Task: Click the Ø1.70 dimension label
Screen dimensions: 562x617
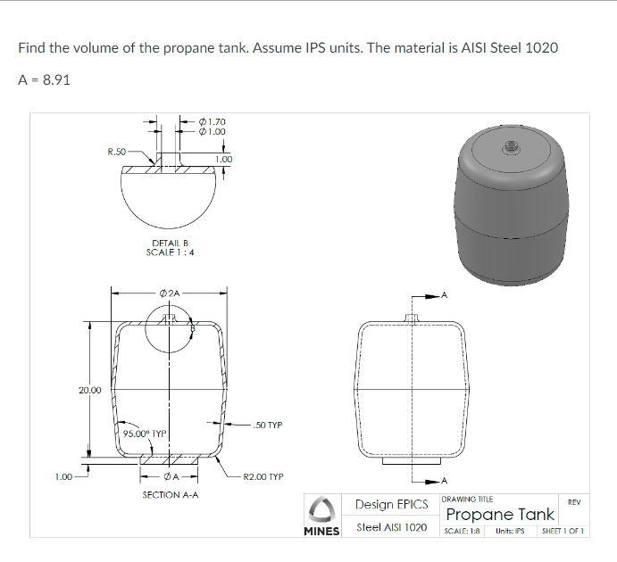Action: click(x=215, y=121)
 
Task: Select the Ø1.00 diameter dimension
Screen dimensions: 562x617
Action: click(x=215, y=131)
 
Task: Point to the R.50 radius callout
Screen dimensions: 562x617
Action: click(x=116, y=152)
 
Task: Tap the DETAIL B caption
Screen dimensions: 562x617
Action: click(x=169, y=243)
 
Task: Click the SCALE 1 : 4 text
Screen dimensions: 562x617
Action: click(x=171, y=252)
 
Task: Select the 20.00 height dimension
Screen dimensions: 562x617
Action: click(x=89, y=390)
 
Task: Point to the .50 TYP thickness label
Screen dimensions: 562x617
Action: click(x=268, y=426)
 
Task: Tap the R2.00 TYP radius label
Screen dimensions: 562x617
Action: click(x=263, y=476)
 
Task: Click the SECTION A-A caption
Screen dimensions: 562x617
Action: click(x=170, y=492)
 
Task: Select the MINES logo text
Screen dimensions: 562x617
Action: click(x=321, y=531)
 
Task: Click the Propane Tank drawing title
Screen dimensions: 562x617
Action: click(x=500, y=515)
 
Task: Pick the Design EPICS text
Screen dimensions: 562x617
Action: click(x=391, y=505)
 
